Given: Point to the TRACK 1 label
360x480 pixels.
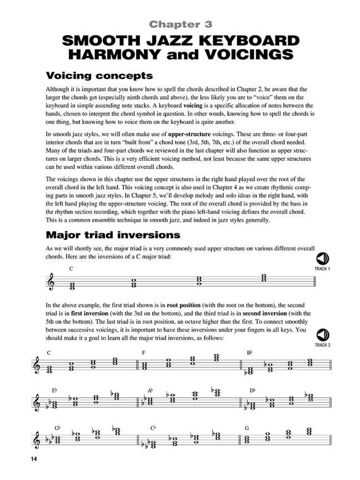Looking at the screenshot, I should coord(322,269).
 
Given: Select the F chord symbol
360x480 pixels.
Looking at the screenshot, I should coord(143,353).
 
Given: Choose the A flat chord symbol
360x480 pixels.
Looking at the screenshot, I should coord(150,391).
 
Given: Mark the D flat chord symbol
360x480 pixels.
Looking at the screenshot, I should coord(253,391).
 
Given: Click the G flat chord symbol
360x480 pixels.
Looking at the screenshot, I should coord(57,428).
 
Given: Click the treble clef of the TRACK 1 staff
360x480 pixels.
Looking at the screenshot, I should coord(53,282).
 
